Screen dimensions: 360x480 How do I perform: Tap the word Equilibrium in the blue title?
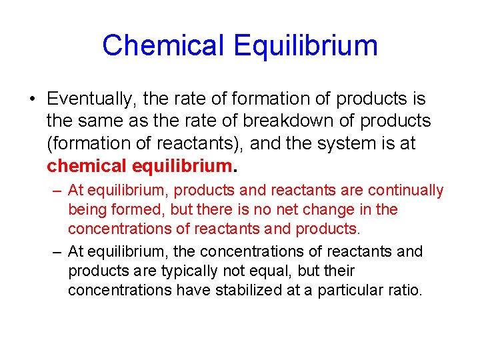point(306,45)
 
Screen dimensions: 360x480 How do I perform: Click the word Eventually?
point(91,99)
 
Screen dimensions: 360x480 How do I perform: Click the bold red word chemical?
point(87,165)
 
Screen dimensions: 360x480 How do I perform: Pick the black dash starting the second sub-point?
point(56,252)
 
